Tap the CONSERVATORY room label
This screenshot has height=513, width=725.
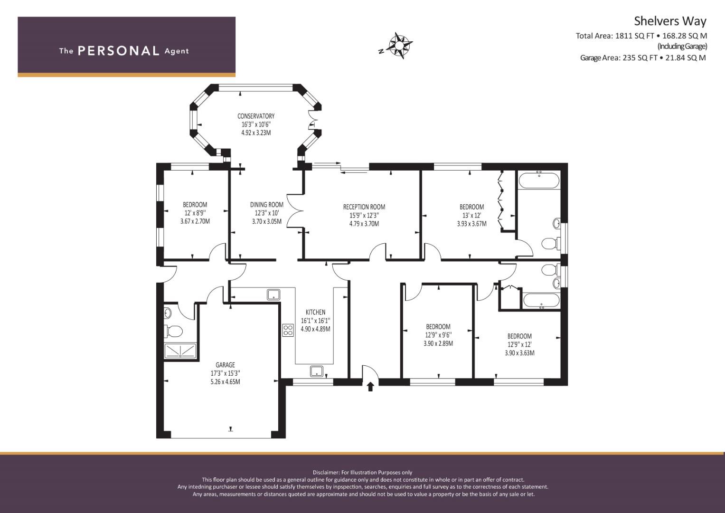click(x=256, y=116)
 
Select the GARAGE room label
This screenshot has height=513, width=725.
click(x=225, y=365)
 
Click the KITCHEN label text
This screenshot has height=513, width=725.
click(x=316, y=312)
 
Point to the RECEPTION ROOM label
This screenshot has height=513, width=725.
click(x=364, y=207)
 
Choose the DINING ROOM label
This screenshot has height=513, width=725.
click(x=267, y=205)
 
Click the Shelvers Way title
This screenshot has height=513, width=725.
click(x=670, y=21)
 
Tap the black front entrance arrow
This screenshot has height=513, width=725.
click(x=371, y=387)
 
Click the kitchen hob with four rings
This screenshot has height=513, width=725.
click(x=288, y=330)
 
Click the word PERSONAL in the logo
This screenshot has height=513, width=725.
click(x=119, y=51)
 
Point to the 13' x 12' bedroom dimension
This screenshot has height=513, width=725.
click(x=471, y=215)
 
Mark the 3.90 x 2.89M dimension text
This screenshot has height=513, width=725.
click(x=438, y=343)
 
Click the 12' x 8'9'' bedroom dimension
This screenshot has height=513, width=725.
click(x=195, y=213)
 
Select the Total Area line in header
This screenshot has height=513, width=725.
click(x=641, y=36)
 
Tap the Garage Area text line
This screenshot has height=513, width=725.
click(x=643, y=58)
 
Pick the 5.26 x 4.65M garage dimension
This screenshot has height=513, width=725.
click(x=225, y=382)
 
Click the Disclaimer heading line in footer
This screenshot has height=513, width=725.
click(x=362, y=473)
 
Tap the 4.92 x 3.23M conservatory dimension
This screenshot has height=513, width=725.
click(x=256, y=133)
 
